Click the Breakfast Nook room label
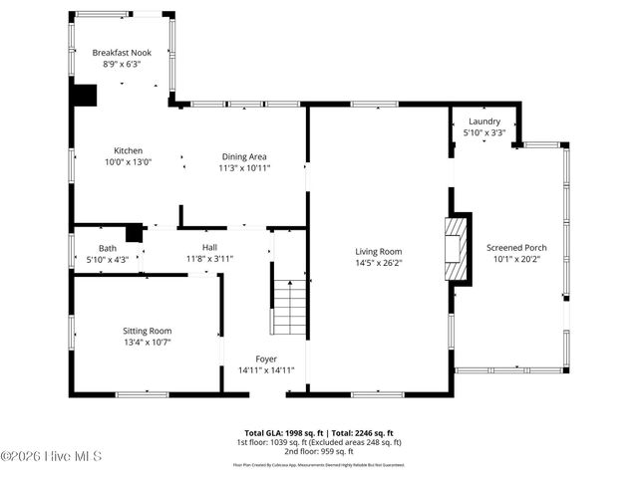[x=121, y=52]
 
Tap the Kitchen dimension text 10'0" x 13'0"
[x=129, y=162]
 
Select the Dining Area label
[x=244, y=156]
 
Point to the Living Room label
[x=379, y=252]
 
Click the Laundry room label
[x=484, y=121]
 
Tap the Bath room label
[x=107, y=248]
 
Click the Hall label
[x=209, y=248]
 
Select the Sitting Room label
[x=148, y=331]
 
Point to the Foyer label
[x=265, y=358]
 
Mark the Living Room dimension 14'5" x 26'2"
[x=379, y=264]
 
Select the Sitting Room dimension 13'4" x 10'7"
[x=148, y=343]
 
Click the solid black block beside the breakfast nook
[x=85, y=94]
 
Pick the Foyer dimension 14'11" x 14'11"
[x=265, y=370]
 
